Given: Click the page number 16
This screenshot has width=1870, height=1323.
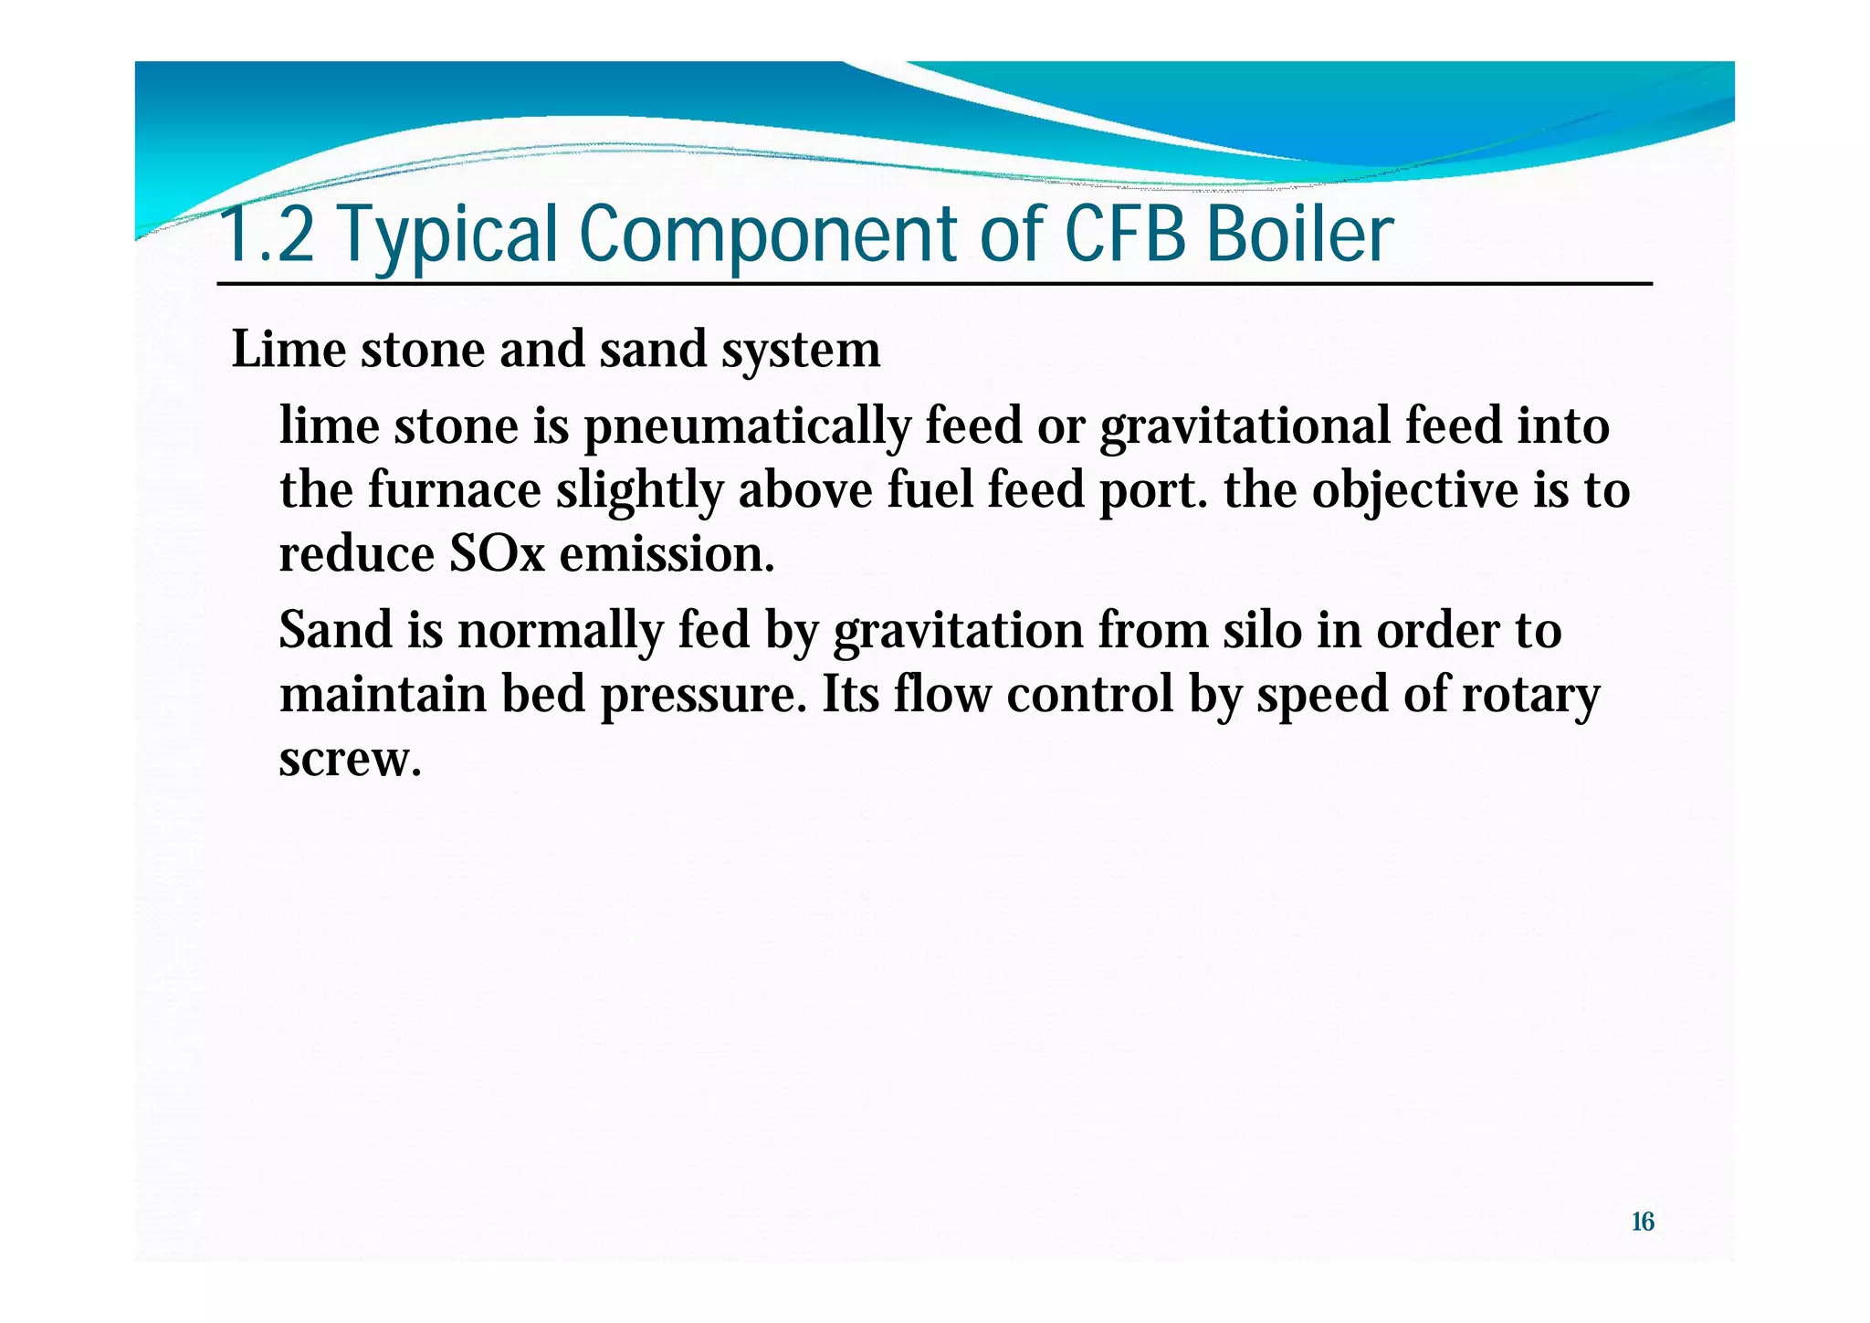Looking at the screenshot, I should coord(1642,1222).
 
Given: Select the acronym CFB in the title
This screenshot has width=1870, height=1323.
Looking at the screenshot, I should coord(1124,235).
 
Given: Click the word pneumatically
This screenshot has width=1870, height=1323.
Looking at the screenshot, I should coord(746,427).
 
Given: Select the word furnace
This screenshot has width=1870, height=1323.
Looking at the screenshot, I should coord(455,490).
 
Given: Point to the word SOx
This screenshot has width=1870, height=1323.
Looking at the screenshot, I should coord(496,554).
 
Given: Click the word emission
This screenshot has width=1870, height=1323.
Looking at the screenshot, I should coord(667,554).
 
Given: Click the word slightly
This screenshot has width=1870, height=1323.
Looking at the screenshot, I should coord(639,490).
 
